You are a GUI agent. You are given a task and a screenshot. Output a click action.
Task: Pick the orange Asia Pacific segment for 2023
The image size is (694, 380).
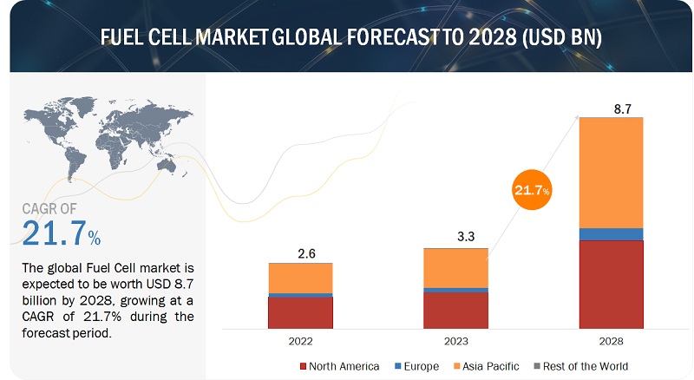[455, 267]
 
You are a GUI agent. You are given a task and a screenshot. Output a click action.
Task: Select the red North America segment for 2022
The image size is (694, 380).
[300, 312]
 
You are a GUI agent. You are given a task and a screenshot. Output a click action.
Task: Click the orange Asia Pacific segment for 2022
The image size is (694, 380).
[300, 278]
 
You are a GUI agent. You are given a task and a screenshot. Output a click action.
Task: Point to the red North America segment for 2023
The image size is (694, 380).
[455, 310]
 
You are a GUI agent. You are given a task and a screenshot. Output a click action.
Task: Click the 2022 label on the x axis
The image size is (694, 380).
[300, 343]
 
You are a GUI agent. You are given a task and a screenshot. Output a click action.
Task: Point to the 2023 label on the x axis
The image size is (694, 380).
[455, 343]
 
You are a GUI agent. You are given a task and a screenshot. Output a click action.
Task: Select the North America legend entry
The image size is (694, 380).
[339, 366]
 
